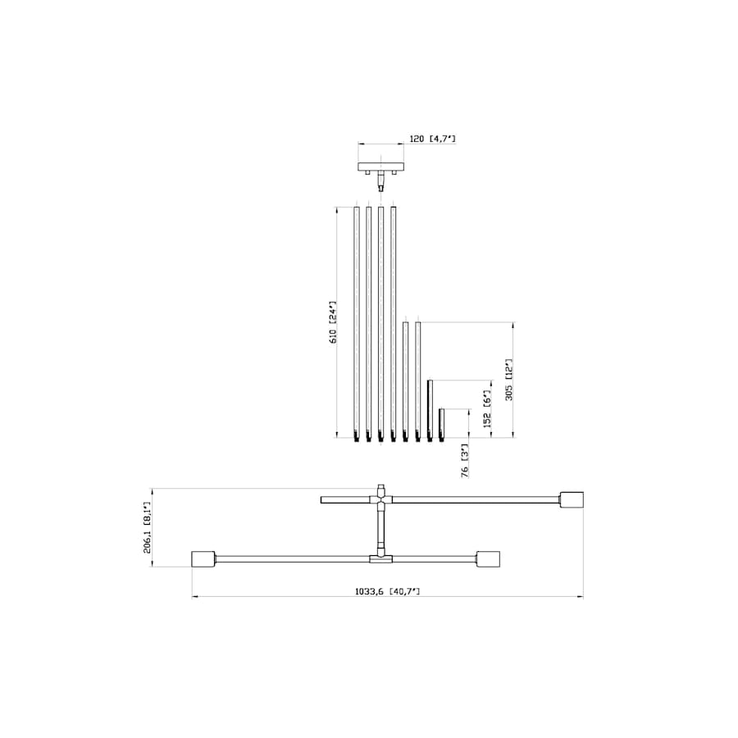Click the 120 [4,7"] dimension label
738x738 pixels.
click(x=431, y=139)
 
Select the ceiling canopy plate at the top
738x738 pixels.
click(x=381, y=167)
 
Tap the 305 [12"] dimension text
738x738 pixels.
click(x=508, y=379)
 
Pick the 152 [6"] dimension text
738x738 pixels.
click(x=487, y=408)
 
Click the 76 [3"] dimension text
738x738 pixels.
click(x=464, y=462)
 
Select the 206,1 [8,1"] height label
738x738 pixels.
click(x=148, y=527)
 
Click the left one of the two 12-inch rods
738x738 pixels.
click(x=405, y=377)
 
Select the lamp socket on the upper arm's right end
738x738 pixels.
click(x=572, y=499)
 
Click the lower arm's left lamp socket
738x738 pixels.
click(x=203, y=559)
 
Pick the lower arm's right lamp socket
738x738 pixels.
click(x=488, y=559)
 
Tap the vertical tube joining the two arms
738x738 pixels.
click(x=380, y=529)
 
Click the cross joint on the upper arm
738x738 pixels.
click(x=380, y=497)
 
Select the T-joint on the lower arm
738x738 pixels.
click(x=380, y=559)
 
